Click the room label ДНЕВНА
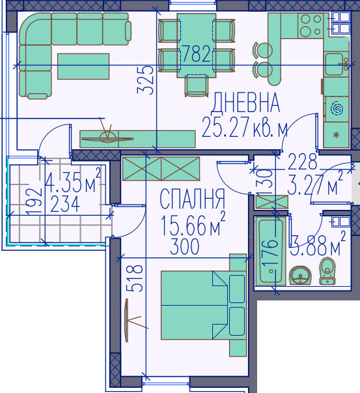click(246, 102)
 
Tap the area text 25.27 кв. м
click(245, 127)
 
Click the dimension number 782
click(197, 54)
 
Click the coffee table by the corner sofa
click(83, 66)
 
